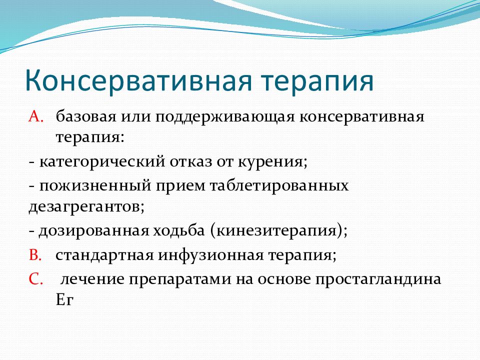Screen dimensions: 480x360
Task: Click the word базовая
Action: (86, 116)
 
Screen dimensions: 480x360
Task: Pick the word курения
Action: (272, 162)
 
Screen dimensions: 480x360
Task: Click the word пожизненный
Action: (95, 185)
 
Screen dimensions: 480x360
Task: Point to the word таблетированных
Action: (279, 186)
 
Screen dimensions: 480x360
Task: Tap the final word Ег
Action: (64, 300)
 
